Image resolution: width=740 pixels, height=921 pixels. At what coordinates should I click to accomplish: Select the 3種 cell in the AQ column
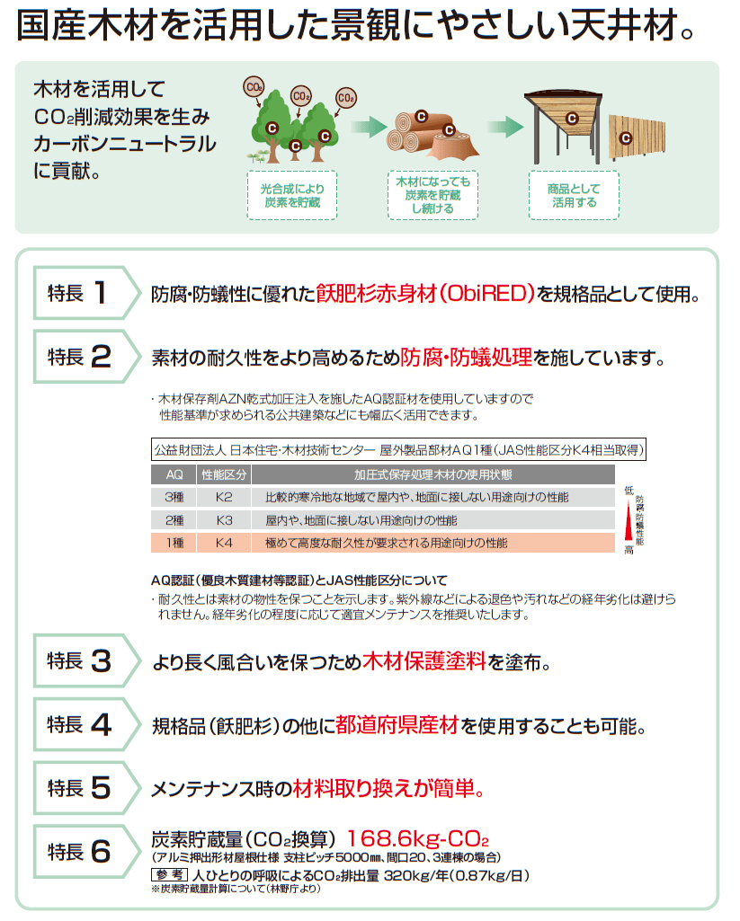174,498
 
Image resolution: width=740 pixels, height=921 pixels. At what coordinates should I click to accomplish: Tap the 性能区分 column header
224,474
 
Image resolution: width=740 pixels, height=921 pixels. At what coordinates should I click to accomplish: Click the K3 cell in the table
224,520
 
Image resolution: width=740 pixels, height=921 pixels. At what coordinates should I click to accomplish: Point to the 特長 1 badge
86,293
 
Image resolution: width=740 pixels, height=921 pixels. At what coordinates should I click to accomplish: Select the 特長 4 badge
86,724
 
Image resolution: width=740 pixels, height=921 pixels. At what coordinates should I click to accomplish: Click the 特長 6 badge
86,852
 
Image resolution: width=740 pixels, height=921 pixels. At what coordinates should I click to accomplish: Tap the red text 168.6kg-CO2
418,838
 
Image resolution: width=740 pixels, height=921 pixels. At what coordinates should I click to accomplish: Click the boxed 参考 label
169,875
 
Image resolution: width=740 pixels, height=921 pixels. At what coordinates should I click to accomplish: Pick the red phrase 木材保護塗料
423,661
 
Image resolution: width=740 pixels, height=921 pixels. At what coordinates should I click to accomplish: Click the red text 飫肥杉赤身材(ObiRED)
425,293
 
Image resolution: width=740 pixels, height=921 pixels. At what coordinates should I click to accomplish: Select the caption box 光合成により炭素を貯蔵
292,196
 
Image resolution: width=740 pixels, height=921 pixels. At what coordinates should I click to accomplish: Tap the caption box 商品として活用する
574,196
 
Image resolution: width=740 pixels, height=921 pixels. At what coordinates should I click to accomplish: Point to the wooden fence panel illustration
637,137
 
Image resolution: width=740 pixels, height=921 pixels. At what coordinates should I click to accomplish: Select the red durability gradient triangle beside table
629,521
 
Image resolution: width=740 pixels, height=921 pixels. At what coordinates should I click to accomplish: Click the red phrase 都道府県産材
397,725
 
